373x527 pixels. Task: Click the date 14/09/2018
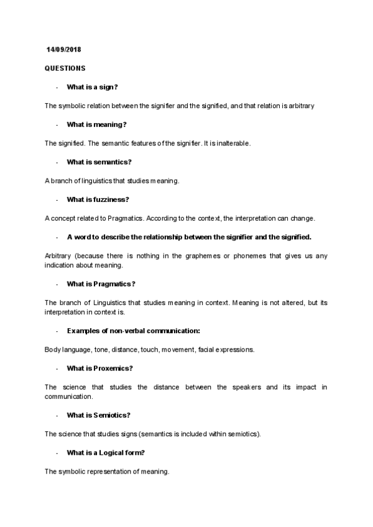[63, 49]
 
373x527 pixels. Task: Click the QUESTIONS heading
[65, 68]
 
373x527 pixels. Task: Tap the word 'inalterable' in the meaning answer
[234, 144]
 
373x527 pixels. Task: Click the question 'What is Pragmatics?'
[101, 284]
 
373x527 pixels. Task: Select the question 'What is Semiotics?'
[98, 415]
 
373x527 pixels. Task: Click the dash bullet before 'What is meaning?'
[57, 125]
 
